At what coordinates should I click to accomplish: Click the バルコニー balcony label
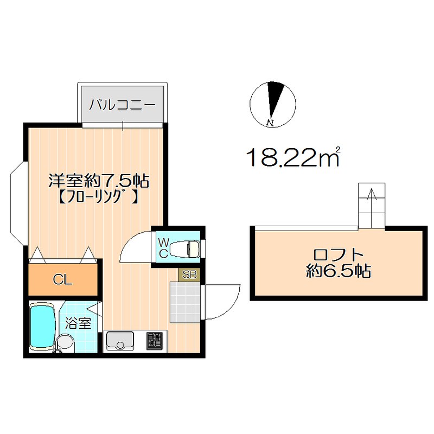tap(123, 104)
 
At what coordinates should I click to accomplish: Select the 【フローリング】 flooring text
tap(99, 196)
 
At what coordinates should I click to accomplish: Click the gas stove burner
tap(156, 341)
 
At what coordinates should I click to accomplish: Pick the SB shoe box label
tap(189, 275)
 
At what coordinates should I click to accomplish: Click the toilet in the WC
tap(184, 249)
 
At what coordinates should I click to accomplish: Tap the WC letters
tap(163, 247)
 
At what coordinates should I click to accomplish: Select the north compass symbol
tap(272, 104)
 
